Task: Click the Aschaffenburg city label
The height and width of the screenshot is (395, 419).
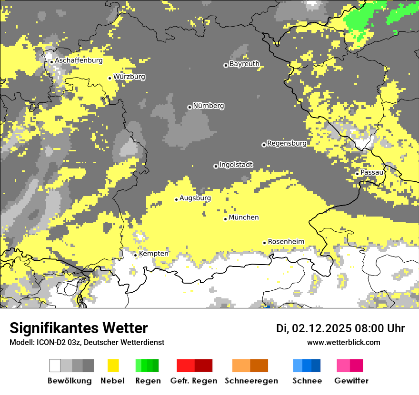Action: pyautogui.click(x=79, y=60)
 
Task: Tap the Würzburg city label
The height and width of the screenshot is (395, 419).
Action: pyautogui.click(x=129, y=77)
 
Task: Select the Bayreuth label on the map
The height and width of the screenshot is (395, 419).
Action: pyautogui.click(x=244, y=64)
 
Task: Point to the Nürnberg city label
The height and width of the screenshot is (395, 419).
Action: pyautogui.click(x=208, y=106)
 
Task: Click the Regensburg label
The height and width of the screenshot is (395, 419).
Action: pyautogui.click(x=287, y=143)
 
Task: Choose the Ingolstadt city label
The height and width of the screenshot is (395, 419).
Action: pyautogui.click(x=236, y=165)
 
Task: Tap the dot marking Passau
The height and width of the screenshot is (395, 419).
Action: pyautogui.click(x=357, y=174)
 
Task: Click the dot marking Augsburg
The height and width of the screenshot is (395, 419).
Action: pyautogui.click(x=176, y=199)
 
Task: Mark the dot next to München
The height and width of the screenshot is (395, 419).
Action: pyautogui.click(x=226, y=219)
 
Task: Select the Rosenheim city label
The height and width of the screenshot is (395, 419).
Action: pyautogui.click(x=286, y=242)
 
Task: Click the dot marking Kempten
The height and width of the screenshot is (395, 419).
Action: pyautogui.click(x=136, y=255)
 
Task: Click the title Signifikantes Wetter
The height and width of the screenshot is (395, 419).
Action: pyautogui.click(x=79, y=328)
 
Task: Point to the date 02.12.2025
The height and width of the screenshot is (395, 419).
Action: pyautogui.click(x=321, y=328)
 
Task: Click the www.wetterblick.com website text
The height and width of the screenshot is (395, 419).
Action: pyautogui.click(x=343, y=342)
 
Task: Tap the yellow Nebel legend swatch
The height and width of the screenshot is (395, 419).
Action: pyautogui.click(x=113, y=365)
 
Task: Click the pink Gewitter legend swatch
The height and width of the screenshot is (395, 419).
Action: pyautogui.click(x=343, y=365)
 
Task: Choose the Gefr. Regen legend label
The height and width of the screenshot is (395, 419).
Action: pyautogui.click(x=194, y=381)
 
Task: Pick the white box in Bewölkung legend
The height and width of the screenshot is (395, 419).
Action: pyautogui.click(x=55, y=365)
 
